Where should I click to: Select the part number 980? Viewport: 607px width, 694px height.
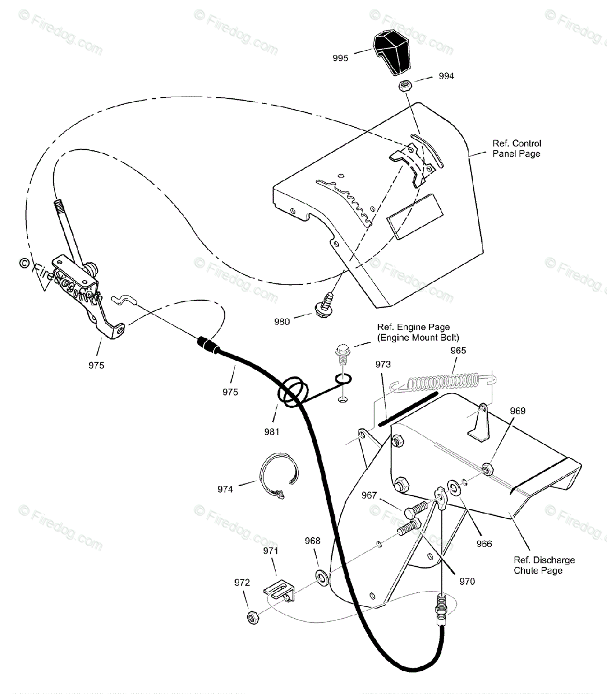(x=282, y=322)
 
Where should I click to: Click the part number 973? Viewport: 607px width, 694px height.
(x=383, y=364)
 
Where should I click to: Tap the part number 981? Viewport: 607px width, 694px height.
(x=272, y=431)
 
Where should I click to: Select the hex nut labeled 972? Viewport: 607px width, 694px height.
(x=253, y=617)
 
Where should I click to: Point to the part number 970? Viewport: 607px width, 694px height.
(x=466, y=581)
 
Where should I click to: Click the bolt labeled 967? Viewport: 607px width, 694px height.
(x=416, y=510)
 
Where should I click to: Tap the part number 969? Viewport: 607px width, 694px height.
(x=517, y=411)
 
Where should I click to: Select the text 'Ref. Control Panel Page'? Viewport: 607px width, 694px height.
(x=517, y=149)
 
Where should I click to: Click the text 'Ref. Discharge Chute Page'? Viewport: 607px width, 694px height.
(x=544, y=565)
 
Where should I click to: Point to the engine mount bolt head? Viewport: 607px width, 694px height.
(x=343, y=352)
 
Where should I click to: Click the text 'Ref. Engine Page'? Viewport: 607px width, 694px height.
(x=413, y=327)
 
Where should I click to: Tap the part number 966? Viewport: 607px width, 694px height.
(x=484, y=544)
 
